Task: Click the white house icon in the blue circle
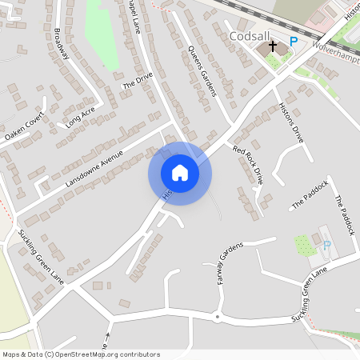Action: [180, 173]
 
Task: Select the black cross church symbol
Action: [272, 47]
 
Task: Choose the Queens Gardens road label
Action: [202, 71]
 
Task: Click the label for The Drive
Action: [137, 82]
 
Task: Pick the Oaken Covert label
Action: [24, 130]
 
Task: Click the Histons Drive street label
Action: [293, 123]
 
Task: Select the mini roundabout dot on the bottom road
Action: [216, 317]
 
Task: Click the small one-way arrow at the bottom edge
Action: [108, 335]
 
